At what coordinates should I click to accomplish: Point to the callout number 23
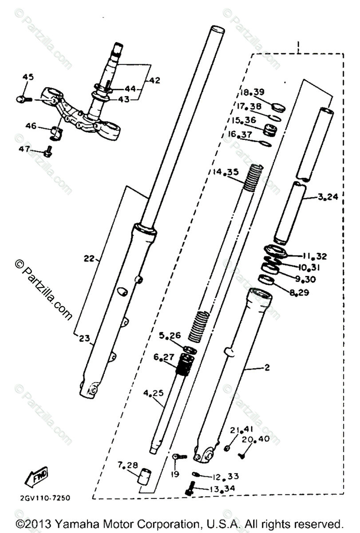84,338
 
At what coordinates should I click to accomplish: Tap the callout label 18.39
253,92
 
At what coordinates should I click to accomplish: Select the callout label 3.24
328,197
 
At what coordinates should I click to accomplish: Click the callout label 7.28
128,465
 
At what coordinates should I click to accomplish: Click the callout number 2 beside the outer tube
267,367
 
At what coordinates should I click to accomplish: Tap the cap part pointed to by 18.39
278,107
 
